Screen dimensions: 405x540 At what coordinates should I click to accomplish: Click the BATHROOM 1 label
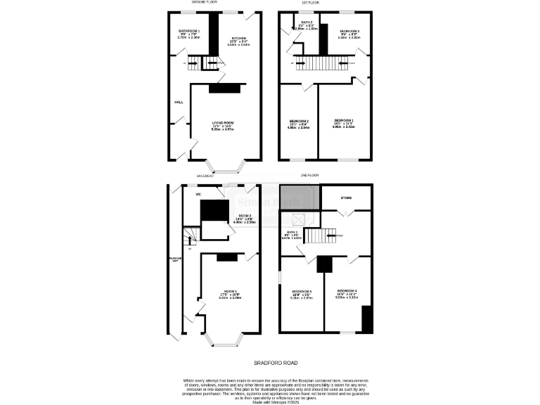[x=188, y=31]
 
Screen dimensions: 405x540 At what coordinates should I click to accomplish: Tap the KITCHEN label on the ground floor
[x=238, y=39]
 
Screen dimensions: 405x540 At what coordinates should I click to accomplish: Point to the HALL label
[x=179, y=102]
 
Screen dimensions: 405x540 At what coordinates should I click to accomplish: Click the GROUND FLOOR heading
[x=202, y=3]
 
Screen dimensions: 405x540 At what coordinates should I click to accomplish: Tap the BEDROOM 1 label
[x=344, y=120]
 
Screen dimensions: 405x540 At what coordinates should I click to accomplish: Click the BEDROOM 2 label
[x=299, y=122]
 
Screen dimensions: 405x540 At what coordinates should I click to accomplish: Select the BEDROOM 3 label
[x=349, y=31]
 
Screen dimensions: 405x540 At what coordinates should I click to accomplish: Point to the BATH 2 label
[x=307, y=22]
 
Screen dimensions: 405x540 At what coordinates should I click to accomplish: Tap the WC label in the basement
[x=198, y=194]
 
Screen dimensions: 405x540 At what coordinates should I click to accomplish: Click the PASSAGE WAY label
[x=174, y=259]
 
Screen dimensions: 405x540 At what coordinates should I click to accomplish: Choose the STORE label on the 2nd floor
[x=346, y=198]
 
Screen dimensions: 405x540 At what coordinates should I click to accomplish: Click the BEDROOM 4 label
[x=347, y=290]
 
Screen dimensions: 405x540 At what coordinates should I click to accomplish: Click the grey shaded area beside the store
[x=299, y=198]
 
